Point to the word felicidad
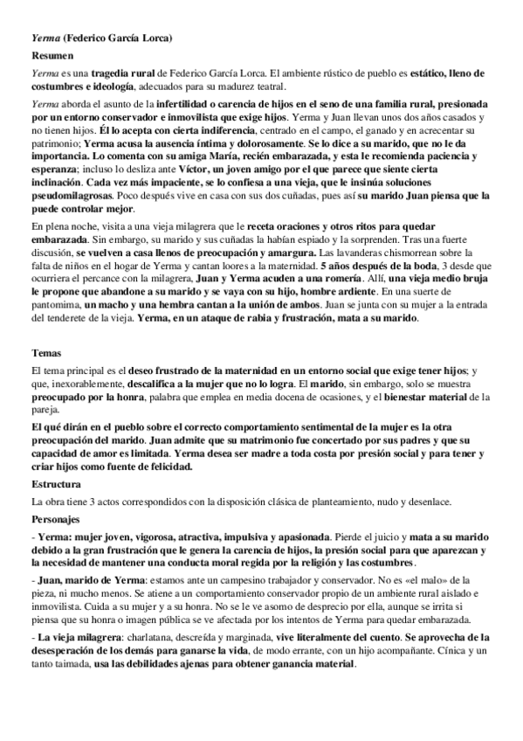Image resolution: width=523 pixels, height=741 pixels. [x=169, y=467]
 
